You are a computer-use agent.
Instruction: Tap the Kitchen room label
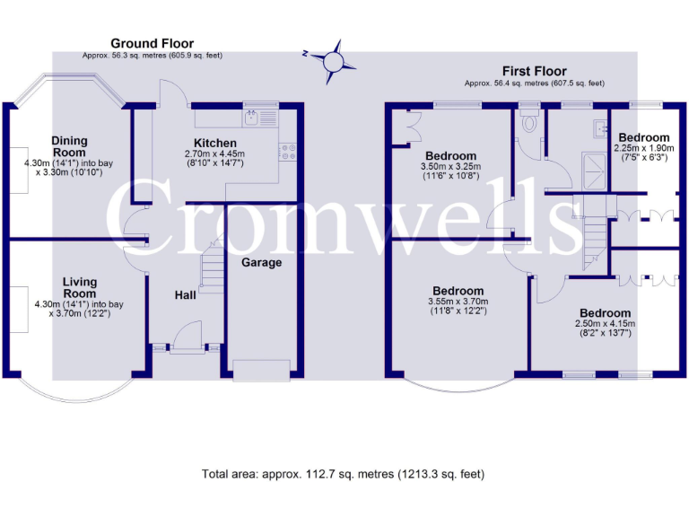coord(215,143)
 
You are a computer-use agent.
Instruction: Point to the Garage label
coord(262,262)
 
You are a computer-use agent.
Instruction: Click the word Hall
coord(185,294)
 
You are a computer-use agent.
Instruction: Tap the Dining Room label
coord(69,146)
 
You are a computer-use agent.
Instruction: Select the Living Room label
coord(79,288)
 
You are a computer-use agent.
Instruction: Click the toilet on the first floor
coord(530,122)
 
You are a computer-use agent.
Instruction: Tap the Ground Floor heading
coord(152,43)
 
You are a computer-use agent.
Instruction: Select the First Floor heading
coord(535,71)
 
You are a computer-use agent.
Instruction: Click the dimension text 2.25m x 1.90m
coord(642,148)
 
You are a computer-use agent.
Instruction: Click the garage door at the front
coord(262,367)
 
